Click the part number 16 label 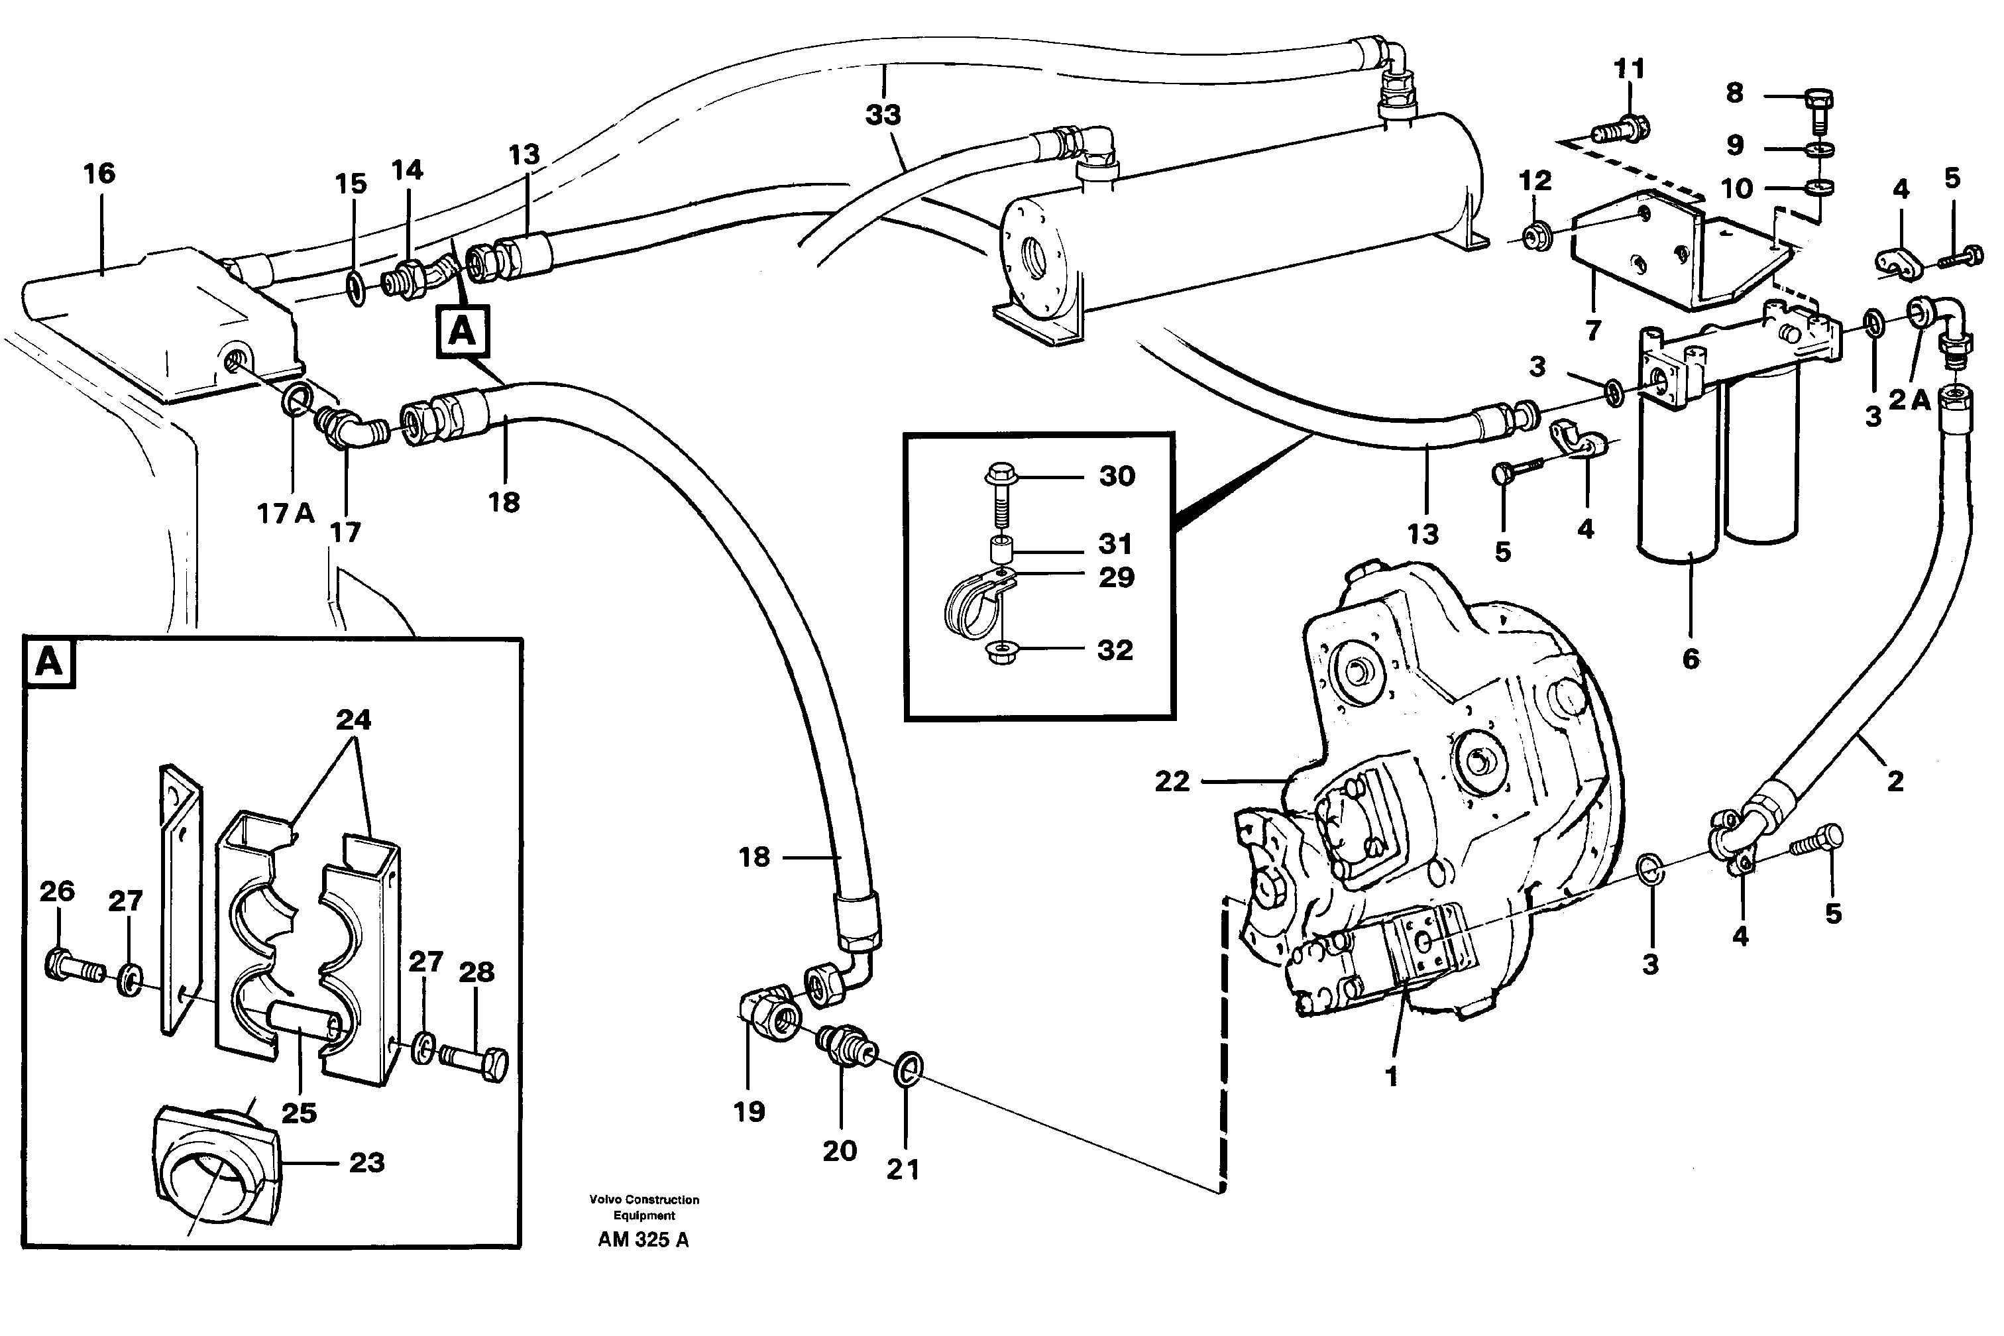click(99, 174)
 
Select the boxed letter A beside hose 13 click(462, 330)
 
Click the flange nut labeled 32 click(1001, 653)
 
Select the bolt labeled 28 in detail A click(478, 1062)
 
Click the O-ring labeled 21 click(909, 1070)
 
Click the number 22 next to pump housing click(1172, 781)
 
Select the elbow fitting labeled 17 click(348, 426)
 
